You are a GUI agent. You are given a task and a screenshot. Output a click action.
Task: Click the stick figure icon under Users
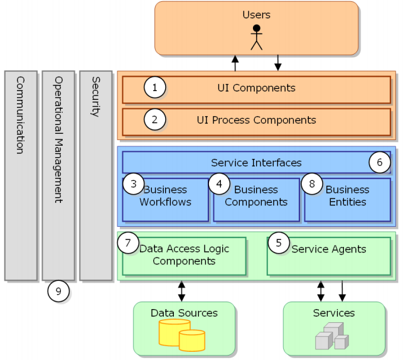pos(255,37)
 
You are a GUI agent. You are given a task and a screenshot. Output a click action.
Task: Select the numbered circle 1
pos(154,88)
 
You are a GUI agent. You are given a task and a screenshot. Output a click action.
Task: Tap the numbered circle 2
pos(154,119)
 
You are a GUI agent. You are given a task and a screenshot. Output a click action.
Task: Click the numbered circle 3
pos(133,184)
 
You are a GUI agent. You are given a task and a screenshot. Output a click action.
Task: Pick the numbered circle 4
pos(219,184)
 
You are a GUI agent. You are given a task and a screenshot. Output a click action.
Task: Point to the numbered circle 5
pos(279,243)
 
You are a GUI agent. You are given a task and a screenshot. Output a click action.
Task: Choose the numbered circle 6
pos(379,163)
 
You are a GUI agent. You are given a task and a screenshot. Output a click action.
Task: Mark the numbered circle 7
pos(128,243)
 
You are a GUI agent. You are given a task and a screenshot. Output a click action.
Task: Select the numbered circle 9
pos(58,291)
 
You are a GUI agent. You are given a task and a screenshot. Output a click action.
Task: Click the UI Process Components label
pos(256,120)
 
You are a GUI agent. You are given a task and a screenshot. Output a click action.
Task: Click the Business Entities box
pos(347,200)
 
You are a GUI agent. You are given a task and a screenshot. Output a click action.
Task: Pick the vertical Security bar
pos(95,175)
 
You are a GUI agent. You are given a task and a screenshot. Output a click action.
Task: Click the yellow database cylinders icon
pos(182,335)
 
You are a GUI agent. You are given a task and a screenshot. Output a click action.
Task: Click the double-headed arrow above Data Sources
pos(182,290)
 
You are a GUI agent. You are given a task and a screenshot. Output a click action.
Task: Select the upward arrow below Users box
pos(235,62)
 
